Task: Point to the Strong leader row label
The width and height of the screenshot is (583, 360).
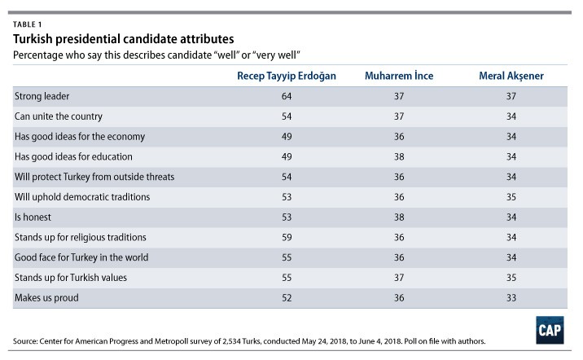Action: (40, 96)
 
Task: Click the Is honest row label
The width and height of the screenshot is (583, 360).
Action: (33, 217)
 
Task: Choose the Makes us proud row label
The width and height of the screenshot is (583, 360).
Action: (43, 298)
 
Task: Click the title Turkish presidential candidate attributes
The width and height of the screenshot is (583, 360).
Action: (125, 38)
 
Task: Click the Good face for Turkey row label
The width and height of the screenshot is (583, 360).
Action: (80, 258)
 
